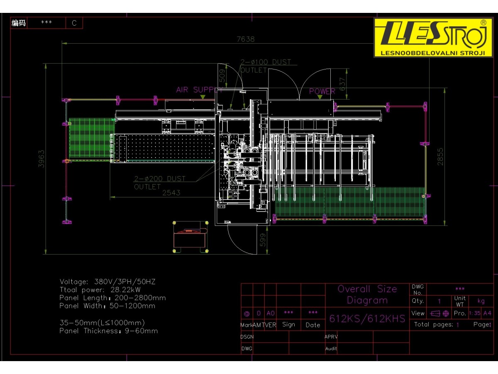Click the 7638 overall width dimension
point(245,39)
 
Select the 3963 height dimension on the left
point(41,159)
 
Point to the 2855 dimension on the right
point(440,157)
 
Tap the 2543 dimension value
point(171,193)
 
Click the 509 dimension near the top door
point(222,75)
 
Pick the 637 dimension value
point(342,84)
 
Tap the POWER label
point(322,91)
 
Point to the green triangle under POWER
point(320,97)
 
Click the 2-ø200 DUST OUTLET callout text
point(159,183)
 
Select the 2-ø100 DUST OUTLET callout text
point(266,66)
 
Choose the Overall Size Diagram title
point(367,295)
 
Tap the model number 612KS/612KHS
point(367,319)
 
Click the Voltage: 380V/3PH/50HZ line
point(107,282)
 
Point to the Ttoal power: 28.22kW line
point(100,290)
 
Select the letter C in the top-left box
point(74,23)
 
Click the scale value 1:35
point(474,313)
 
